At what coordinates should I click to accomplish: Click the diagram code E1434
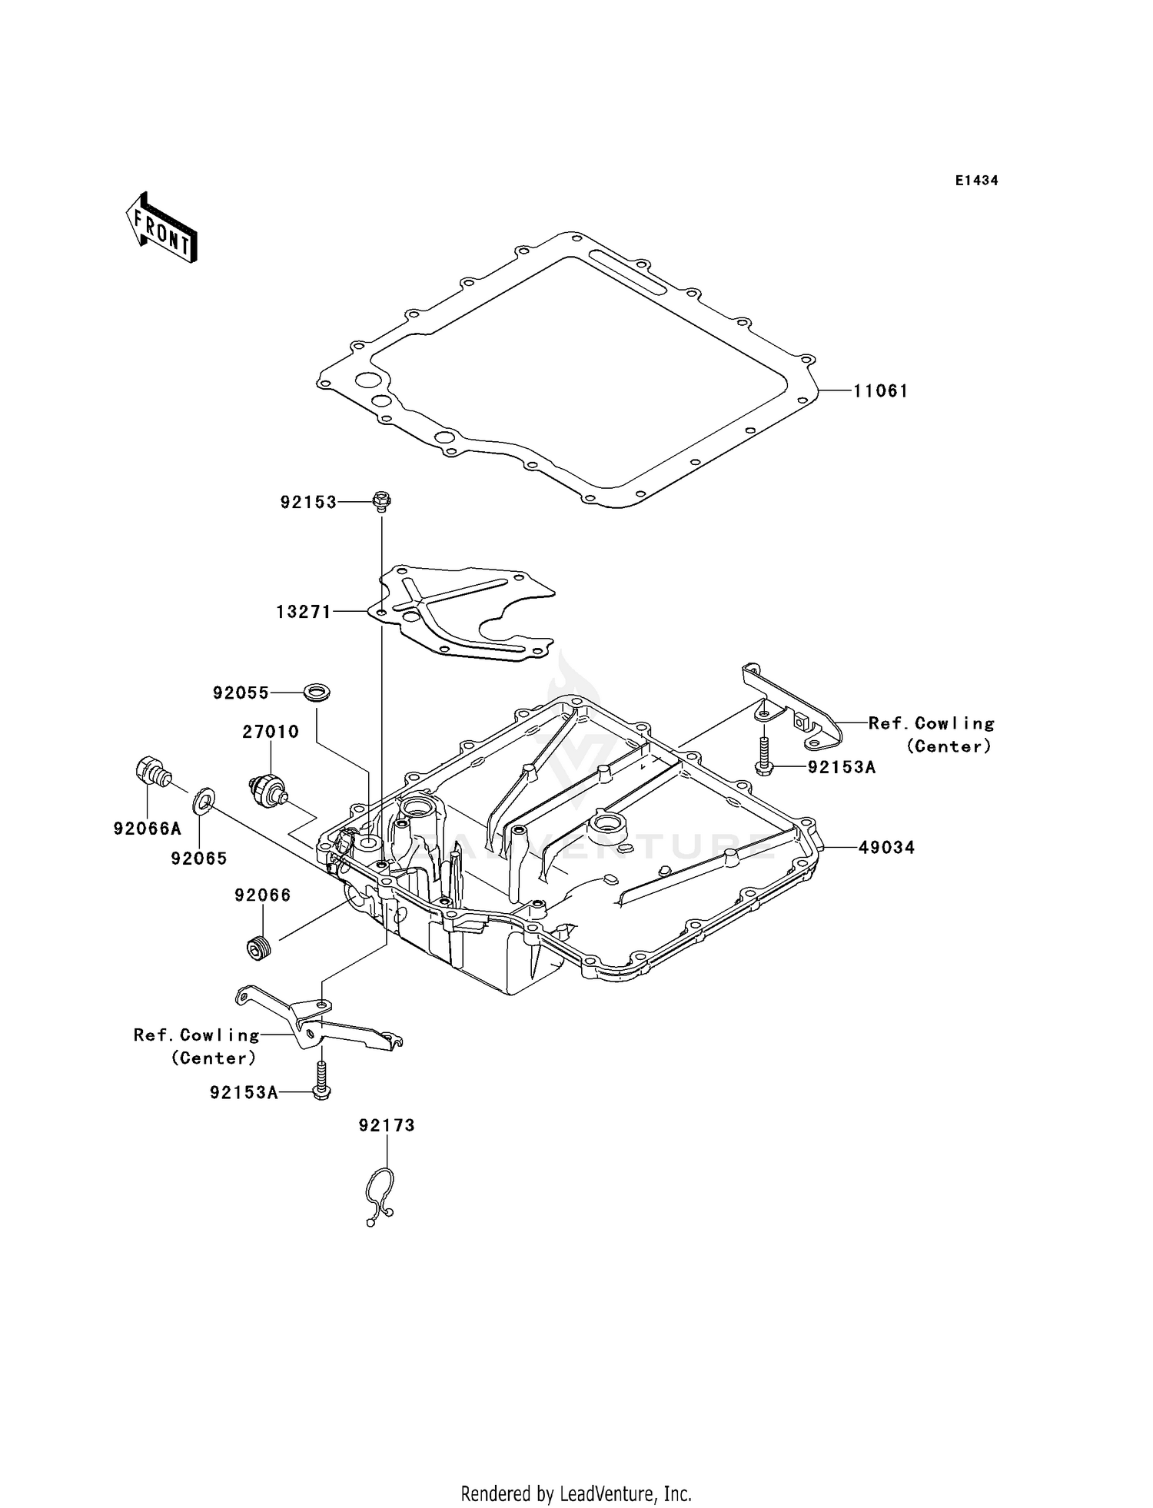click(976, 181)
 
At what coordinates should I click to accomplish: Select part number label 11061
click(880, 391)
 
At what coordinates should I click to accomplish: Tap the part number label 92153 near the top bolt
click(308, 503)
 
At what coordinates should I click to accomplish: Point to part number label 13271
click(304, 613)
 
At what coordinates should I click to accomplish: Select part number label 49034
click(886, 848)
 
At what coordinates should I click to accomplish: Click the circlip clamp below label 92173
click(379, 1197)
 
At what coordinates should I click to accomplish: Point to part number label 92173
click(387, 1125)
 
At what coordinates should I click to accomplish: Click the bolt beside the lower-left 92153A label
click(322, 1081)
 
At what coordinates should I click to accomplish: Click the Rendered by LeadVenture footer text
click(576, 1493)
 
